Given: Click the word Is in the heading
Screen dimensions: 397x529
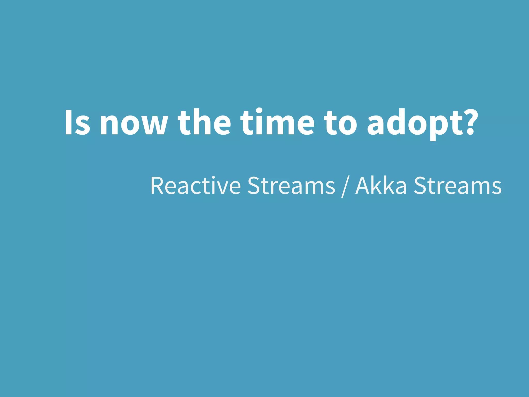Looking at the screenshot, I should tap(77, 123).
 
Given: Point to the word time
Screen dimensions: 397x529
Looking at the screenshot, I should tap(277, 123).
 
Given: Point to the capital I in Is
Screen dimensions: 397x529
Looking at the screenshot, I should tap(68, 123).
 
